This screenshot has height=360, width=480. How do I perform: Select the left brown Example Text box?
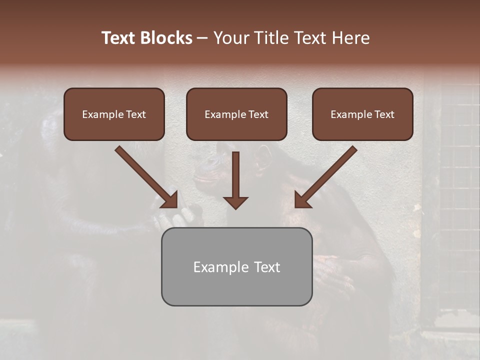[x=114, y=114]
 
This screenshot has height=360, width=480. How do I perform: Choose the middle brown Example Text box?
[x=236, y=114]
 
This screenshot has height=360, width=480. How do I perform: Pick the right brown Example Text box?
[x=362, y=114]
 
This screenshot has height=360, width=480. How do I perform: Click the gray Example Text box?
[x=236, y=266]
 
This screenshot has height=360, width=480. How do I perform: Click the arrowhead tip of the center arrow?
[x=235, y=207]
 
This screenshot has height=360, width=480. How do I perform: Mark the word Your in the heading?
[x=230, y=38]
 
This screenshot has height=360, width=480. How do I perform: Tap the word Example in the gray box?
[x=217, y=267]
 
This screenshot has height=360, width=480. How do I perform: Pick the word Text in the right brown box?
[x=383, y=114]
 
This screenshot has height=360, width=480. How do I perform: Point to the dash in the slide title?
[x=202, y=38]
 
